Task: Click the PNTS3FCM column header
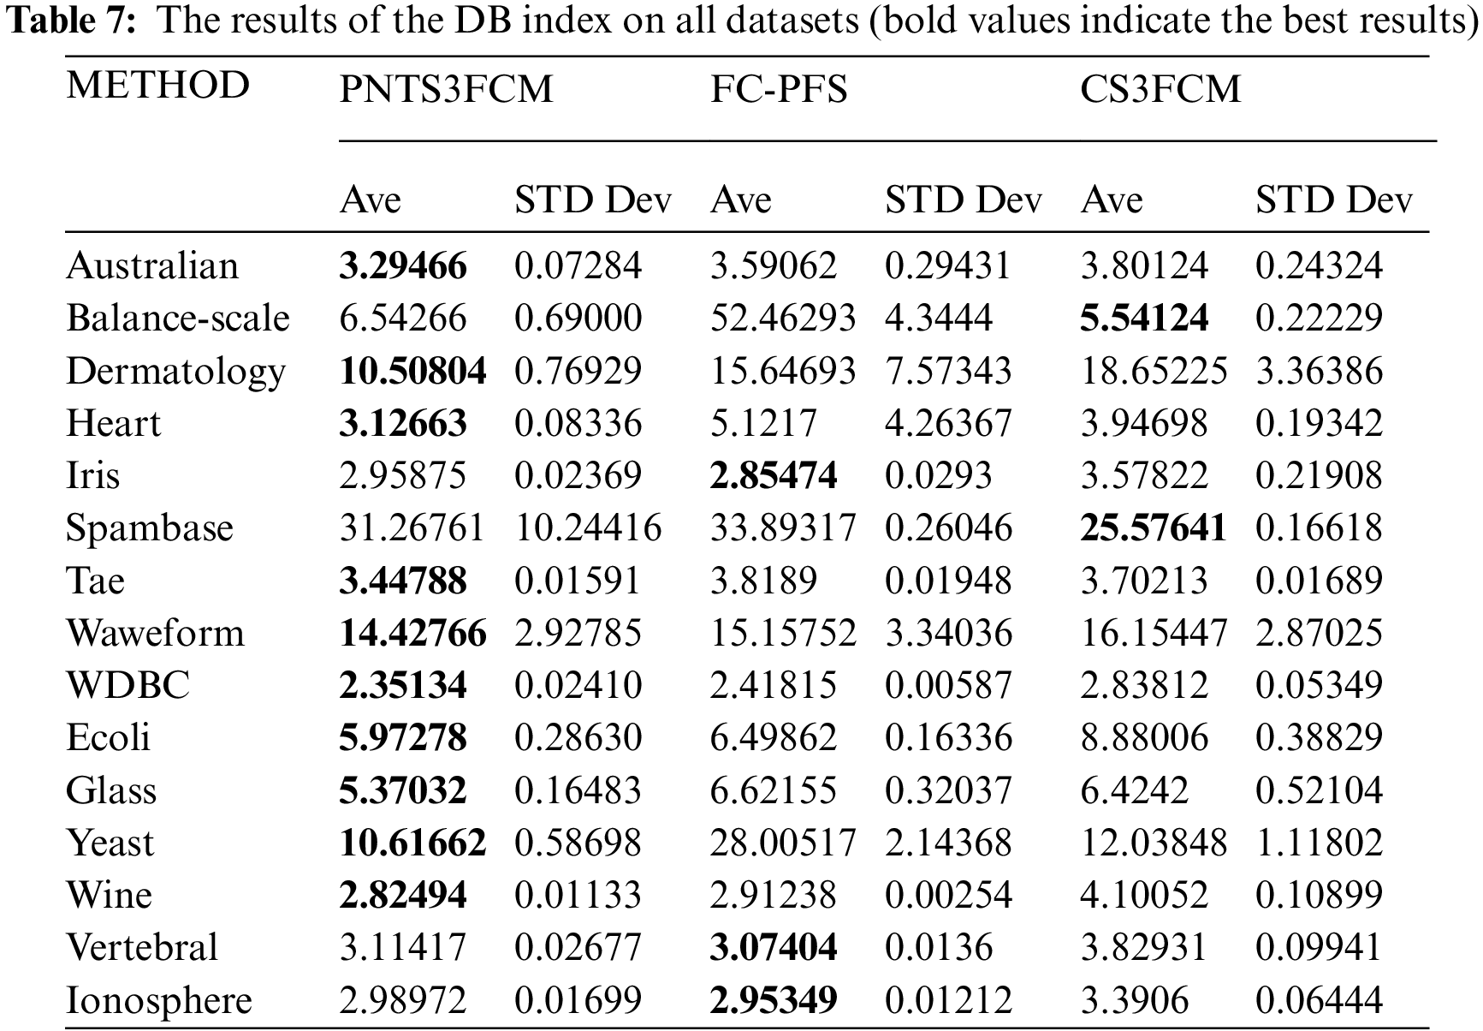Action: [446, 90]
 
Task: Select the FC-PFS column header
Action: [779, 90]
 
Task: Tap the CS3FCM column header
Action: [1160, 90]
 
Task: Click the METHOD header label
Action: [157, 86]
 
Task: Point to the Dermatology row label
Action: [175, 372]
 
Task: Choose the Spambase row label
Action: [149, 528]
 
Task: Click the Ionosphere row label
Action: [159, 1001]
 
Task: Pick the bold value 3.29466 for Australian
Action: [403, 266]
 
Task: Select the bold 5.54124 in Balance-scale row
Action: [1144, 319]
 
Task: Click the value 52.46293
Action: [783, 319]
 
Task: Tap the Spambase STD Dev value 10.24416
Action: [588, 528]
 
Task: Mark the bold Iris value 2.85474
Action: [774, 476]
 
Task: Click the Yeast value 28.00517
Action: [783, 843]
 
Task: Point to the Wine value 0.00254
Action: [948, 896]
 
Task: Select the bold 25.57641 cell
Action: [1153, 528]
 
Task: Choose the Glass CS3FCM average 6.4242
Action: [1134, 790]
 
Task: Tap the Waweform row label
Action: [155, 634]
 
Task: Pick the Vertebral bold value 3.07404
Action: [774, 948]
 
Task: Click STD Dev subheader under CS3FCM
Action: [1333, 200]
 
